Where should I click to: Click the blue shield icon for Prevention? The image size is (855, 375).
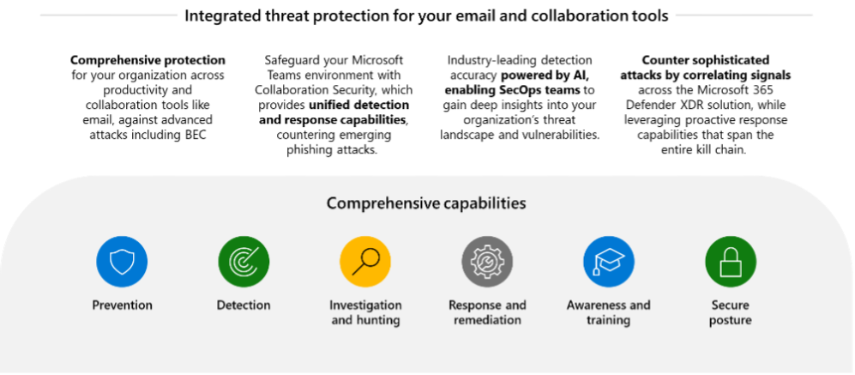point(122,262)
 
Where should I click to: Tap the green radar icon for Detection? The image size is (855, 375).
point(244,262)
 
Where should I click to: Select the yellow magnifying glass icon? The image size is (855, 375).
point(365,262)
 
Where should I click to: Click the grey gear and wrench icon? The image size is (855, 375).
point(487,262)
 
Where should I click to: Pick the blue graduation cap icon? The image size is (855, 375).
point(609,262)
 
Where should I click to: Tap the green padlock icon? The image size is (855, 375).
point(731,262)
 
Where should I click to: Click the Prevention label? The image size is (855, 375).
point(122,305)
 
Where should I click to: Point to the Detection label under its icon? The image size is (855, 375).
point(244,305)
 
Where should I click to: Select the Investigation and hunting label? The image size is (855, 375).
point(365,312)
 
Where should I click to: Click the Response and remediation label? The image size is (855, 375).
point(487,312)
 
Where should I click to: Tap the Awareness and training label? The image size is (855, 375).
point(609,312)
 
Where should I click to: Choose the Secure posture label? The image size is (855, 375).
point(731,312)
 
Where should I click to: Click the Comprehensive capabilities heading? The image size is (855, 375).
point(426,203)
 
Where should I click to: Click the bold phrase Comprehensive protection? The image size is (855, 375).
point(148,60)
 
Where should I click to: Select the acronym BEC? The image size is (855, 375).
point(195,134)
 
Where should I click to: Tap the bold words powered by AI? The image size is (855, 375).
point(545,75)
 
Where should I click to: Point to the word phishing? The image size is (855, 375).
point(310,149)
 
